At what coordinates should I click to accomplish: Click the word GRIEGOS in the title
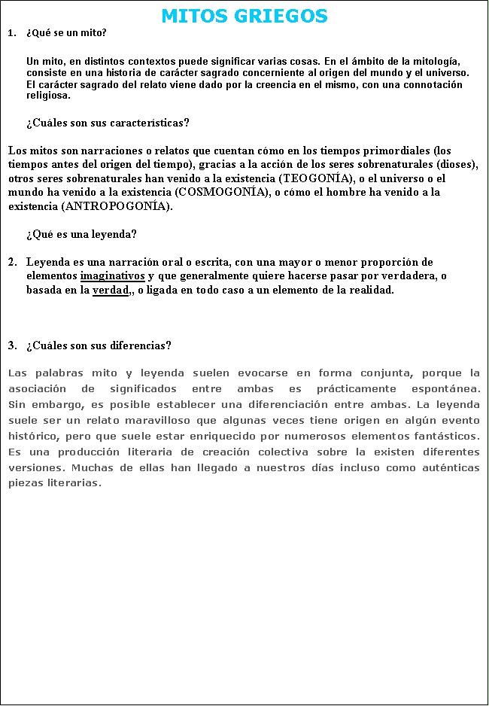(x=283, y=16)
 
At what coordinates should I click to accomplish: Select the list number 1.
(x=10, y=33)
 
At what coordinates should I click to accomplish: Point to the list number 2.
(x=11, y=263)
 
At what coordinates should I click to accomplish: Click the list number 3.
(x=11, y=346)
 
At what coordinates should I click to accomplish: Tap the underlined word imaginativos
(x=112, y=276)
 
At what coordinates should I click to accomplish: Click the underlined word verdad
(x=110, y=290)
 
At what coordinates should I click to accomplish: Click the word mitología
(x=437, y=61)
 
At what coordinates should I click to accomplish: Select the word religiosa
(x=48, y=96)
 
